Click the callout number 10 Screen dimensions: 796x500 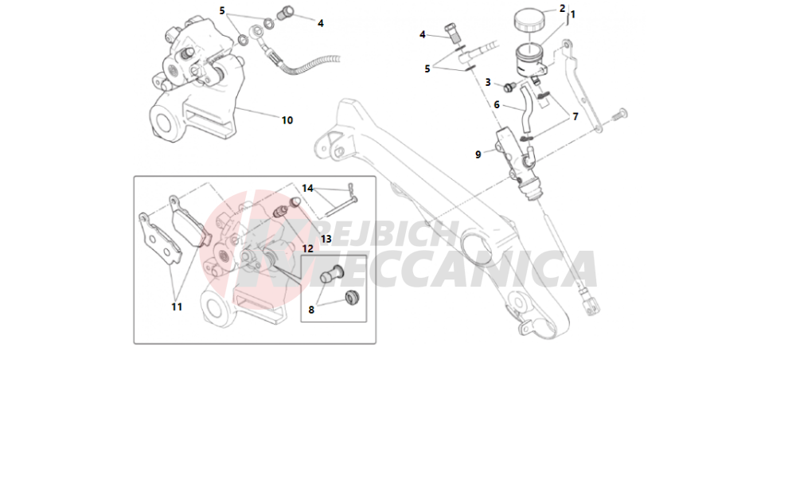287,120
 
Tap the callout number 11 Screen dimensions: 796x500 177,307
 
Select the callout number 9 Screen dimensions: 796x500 478,154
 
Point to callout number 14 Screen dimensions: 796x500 307,189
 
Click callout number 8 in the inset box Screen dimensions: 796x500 311,310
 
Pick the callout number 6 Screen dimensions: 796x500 497,104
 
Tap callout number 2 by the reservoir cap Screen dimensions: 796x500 563,8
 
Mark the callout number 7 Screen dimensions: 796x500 576,117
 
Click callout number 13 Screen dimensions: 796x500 326,239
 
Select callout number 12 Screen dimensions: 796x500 307,248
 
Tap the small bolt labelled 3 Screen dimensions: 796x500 509,87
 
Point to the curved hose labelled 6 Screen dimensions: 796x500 525,109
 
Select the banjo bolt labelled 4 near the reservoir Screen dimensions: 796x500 452,33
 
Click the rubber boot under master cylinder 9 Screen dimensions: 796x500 532,189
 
